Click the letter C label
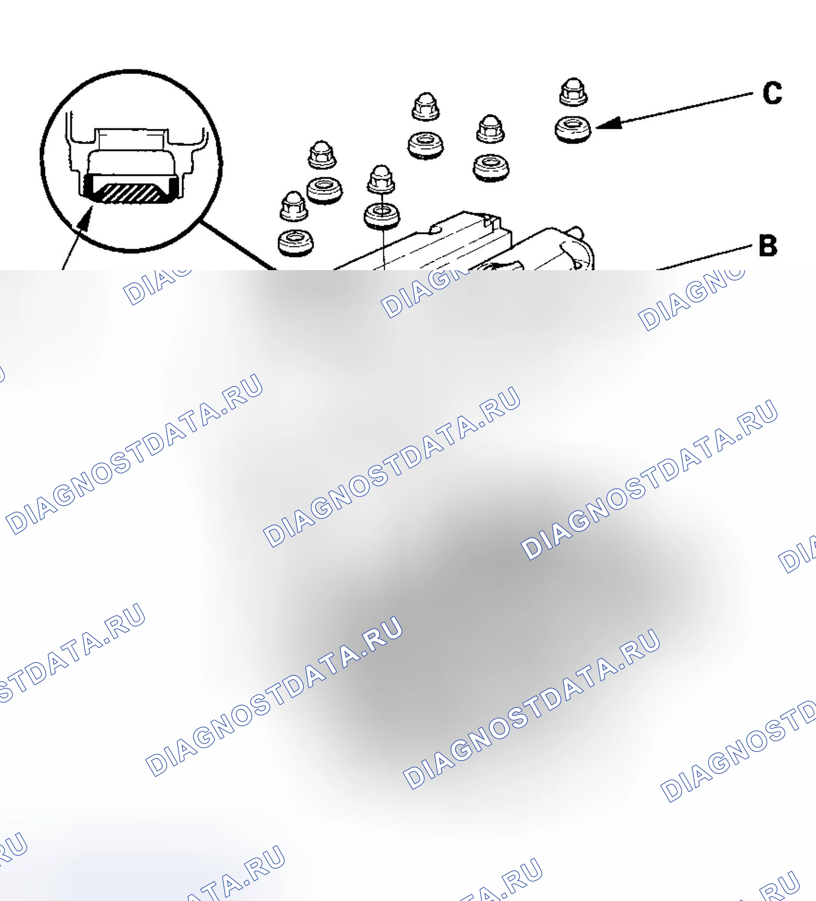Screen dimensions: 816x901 pyautogui.click(x=772, y=93)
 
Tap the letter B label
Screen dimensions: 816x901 pyautogui.click(x=768, y=245)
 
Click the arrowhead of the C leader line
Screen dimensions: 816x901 pyautogui.click(x=608, y=124)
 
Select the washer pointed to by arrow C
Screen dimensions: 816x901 pyautogui.click(x=572, y=129)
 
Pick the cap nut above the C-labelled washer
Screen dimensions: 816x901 pyautogui.click(x=574, y=92)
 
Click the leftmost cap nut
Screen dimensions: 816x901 pyautogui.click(x=293, y=206)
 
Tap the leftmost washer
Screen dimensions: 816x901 pyautogui.click(x=296, y=243)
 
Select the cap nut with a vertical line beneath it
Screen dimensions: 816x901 pyautogui.click(x=381, y=179)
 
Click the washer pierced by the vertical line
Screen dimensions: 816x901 pyautogui.click(x=382, y=216)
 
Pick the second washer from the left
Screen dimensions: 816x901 pyautogui.click(x=324, y=190)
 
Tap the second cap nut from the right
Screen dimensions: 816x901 pyautogui.click(x=491, y=129)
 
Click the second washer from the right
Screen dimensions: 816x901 pyautogui.click(x=491, y=168)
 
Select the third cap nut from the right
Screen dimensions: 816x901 pyautogui.click(x=425, y=107)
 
